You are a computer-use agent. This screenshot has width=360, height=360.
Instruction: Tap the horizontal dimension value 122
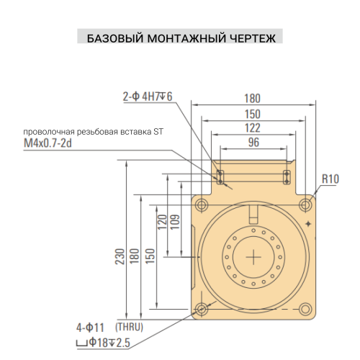[253, 127]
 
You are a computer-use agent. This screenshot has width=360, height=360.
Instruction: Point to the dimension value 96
[253, 142]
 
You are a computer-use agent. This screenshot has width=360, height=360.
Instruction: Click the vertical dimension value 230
[119, 256]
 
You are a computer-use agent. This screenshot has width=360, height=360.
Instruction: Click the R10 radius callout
[330, 179]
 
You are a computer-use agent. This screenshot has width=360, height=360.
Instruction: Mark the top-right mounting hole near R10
[307, 204]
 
